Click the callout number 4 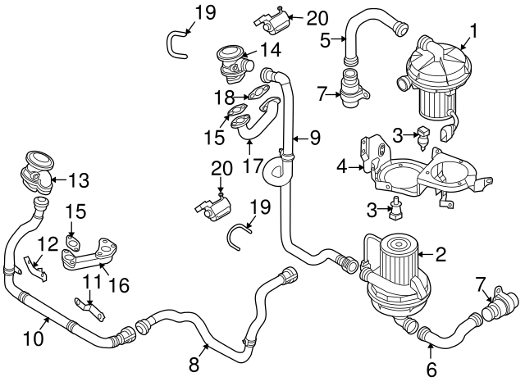click(x=341, y=167)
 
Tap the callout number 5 click(x=326, y=39)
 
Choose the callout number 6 click(x=431, y=369)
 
